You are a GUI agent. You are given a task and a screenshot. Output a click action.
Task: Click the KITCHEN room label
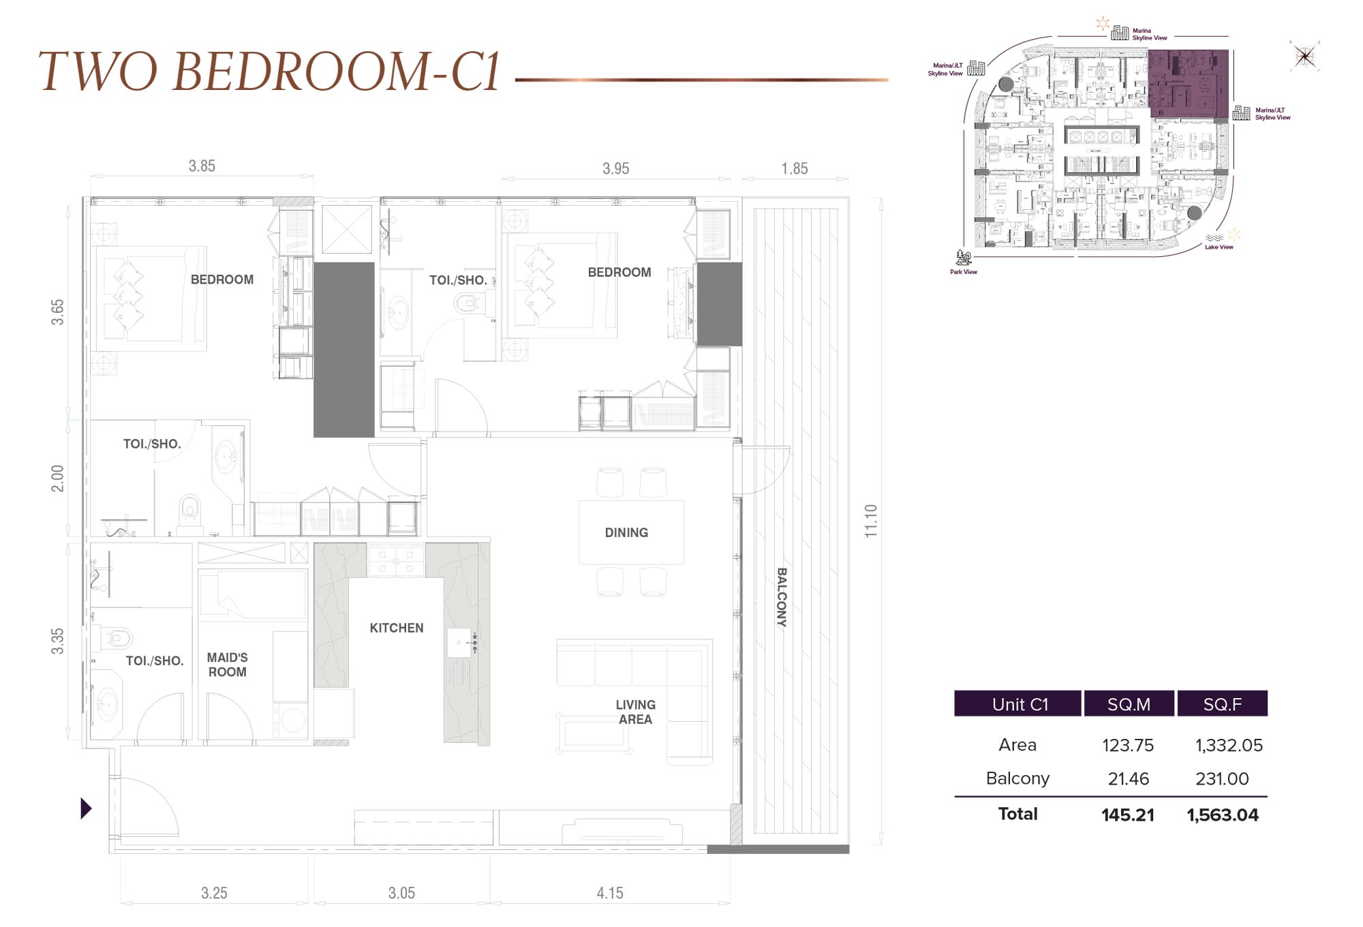pos(397,628)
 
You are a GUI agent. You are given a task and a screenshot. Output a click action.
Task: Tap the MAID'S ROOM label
pos(227,665)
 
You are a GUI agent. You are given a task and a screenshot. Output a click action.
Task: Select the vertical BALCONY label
pos(782,597)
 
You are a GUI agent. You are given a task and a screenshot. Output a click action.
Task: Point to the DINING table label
pos(626,532)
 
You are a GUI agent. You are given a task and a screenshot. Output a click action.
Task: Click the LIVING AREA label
pos(635,712)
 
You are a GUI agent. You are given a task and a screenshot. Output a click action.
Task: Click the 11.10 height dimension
pos(871,521)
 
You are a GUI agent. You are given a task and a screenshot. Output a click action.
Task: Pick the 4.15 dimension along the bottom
pos(610,893)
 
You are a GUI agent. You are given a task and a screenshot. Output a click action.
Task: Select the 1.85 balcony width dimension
pos(795,168)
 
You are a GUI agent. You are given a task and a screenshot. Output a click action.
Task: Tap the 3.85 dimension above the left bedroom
pos(202,166)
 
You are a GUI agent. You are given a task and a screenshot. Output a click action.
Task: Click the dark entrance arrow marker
pos(86,808)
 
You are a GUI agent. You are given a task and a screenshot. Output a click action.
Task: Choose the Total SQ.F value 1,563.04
pos(1223,815)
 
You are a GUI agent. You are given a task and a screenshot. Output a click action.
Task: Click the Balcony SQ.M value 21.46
pos(1129,778)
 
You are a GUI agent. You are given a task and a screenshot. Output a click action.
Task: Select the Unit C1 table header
pos(1018,704)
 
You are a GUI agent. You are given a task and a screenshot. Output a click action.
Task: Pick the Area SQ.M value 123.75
pos(1129,745)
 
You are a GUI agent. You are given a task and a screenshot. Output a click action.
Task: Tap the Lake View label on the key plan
pos(1219,247)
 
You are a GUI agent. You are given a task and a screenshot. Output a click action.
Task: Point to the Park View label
pos(963,271)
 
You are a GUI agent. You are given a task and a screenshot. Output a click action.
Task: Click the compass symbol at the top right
pos(1305,57)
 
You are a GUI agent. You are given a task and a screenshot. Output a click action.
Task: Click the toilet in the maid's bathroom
pos(119,638)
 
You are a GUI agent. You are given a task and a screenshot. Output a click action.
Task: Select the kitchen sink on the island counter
pos(460,643)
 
